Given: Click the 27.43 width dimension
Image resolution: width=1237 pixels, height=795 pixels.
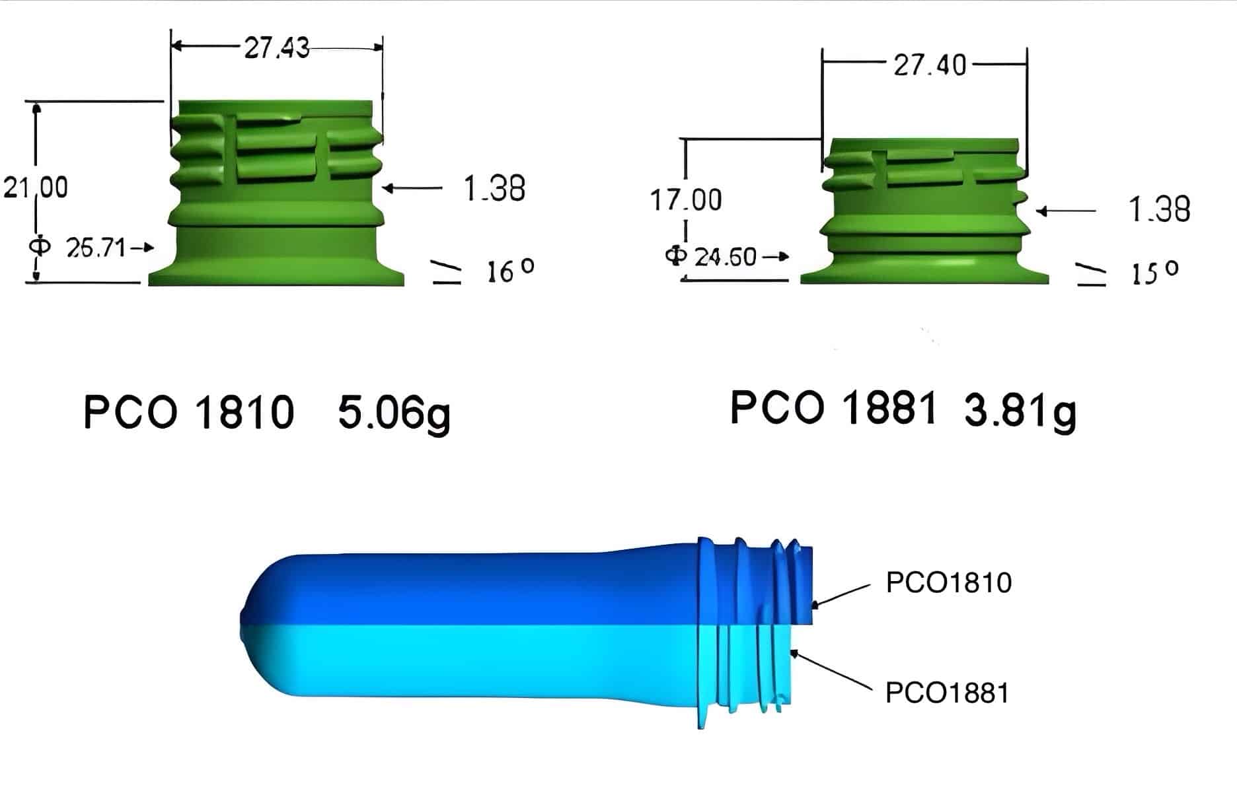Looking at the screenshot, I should (276, 48).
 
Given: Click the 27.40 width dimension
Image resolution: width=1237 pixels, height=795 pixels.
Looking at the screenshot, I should (930, 65).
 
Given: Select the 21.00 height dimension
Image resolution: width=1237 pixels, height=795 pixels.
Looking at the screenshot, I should (36, 188).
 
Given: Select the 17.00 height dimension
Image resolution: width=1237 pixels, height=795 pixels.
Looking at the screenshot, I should (686, 199).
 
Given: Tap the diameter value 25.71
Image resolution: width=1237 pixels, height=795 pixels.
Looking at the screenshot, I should (96, 248).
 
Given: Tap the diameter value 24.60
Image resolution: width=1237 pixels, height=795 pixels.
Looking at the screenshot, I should (725, 256).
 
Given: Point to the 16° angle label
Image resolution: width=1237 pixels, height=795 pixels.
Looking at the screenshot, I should (509, 271).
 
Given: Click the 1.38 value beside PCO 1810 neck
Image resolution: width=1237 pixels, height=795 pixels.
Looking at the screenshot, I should (494, 189).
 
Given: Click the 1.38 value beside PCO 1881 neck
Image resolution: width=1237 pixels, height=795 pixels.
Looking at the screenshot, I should (1159, 210).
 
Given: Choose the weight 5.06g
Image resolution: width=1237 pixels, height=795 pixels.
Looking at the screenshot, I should (394, 413).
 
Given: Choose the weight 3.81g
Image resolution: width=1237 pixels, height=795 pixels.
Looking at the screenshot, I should (1020, 410).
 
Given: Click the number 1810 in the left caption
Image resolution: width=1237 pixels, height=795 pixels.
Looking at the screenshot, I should (244, 413).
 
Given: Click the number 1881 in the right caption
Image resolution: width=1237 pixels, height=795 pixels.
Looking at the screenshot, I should (889, 407).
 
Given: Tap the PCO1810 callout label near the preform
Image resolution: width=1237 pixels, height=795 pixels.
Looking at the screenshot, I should (948, 582).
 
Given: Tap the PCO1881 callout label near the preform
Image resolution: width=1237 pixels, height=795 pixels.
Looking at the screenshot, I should (947, 693).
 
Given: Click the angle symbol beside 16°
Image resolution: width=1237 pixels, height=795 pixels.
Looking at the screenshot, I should (447, 272).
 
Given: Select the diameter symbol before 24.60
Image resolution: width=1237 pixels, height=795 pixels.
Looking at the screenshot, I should (676, 255).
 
